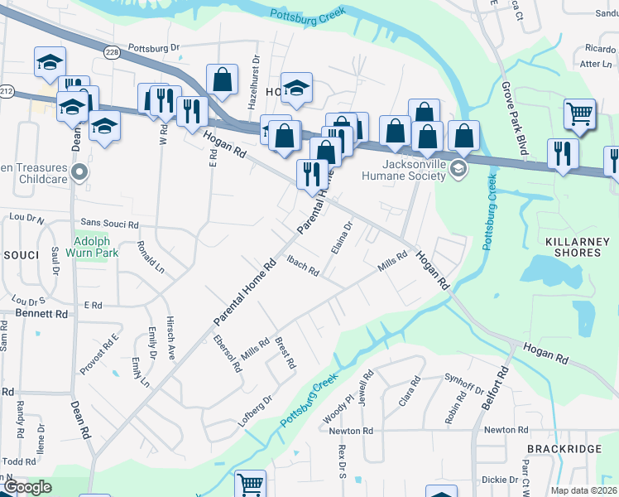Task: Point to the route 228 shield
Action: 111,51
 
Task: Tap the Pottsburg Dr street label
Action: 153,49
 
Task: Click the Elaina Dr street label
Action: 342,237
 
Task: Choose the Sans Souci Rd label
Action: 109,224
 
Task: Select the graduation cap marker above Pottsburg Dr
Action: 50,61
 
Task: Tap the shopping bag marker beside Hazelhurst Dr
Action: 222,80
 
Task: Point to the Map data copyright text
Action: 583,490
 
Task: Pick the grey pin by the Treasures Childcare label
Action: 79,172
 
